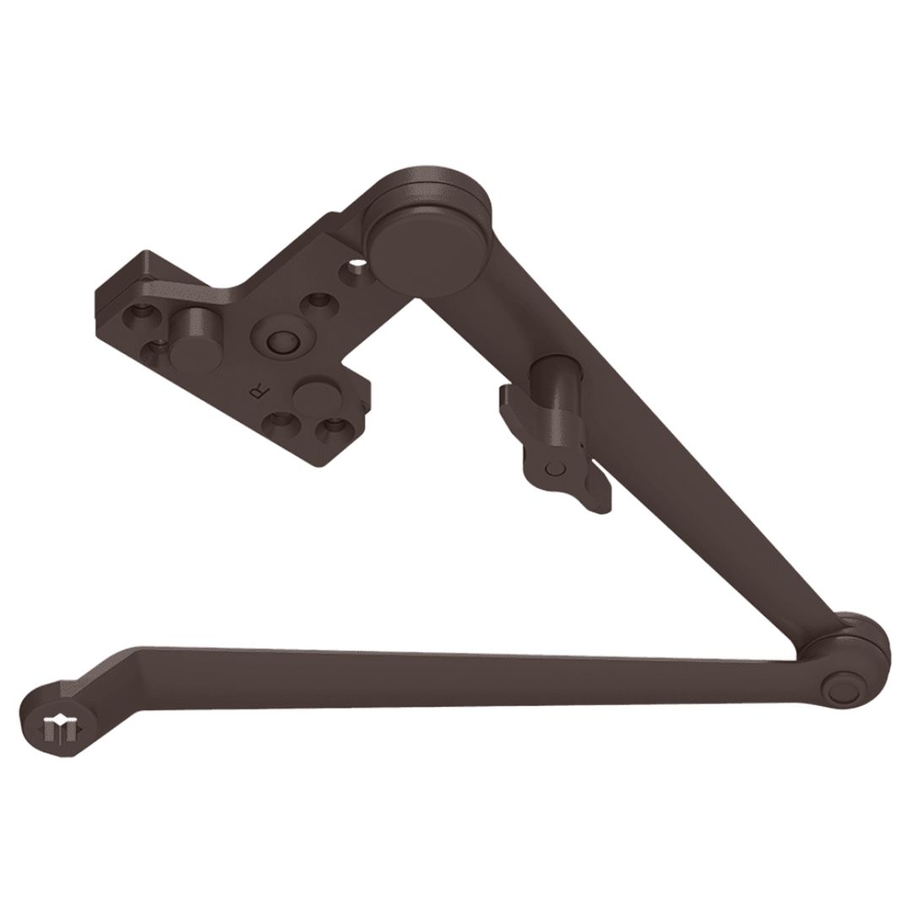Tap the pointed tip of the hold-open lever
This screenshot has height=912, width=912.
click(x=603, y=504)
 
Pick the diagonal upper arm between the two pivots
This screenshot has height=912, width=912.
click(x=642, y=456)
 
